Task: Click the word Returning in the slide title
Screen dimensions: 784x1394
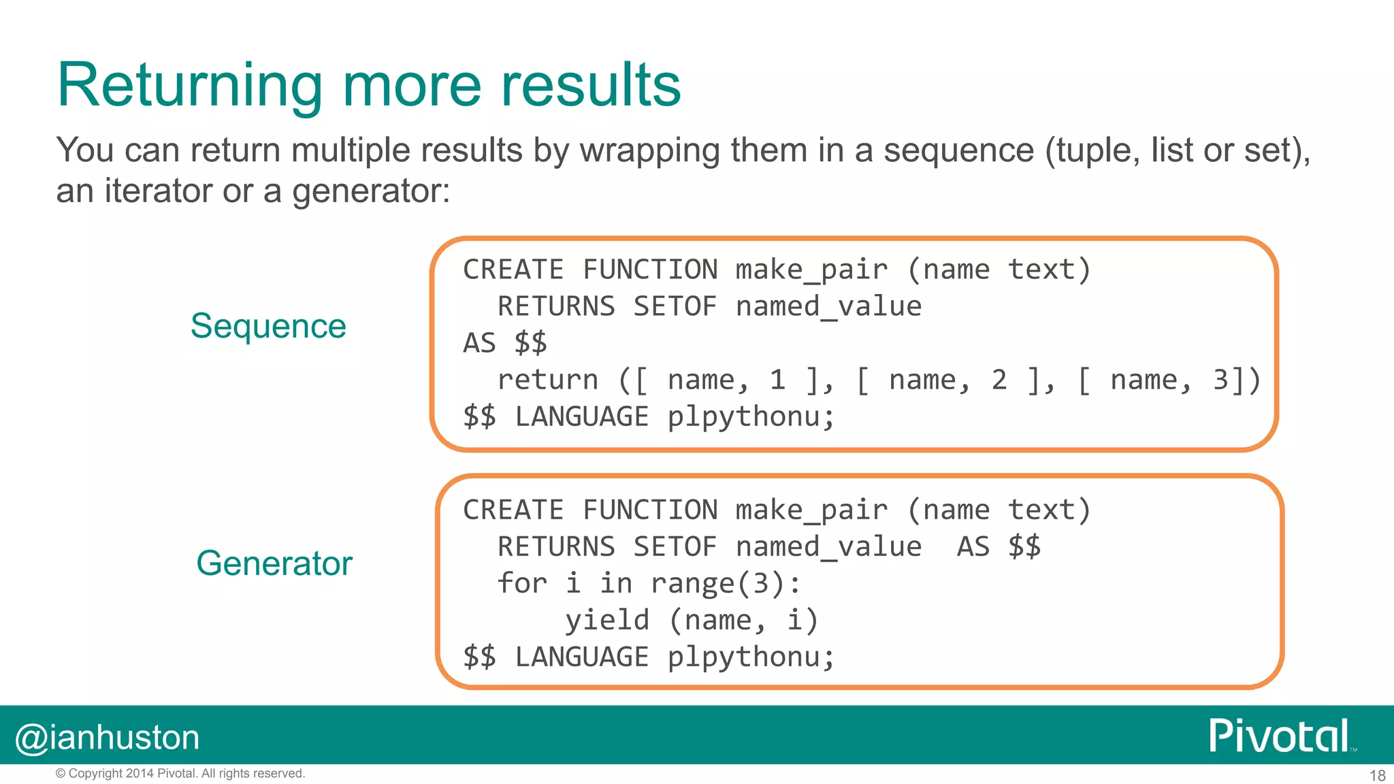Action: click(x=189, y=87)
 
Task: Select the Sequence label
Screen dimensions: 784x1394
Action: click(x=268, y=326)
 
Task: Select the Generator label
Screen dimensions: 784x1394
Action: click(x=274, y=563)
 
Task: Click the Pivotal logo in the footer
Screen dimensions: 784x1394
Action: click(x=1280, y=736)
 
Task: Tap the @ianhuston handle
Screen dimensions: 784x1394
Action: click(x=108, y=738)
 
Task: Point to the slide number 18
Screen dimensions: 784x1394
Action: click(x=1377, y=775)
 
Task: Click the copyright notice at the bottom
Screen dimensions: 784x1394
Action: click(x=180, y=773)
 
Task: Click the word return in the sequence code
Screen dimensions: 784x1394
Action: click(x=548, y=380)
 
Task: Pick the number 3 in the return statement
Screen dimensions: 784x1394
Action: click(x=1220, y=380)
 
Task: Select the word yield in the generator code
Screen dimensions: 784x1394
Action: click(x=607, y=620)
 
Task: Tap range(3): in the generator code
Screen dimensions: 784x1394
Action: click(x=726, y=583)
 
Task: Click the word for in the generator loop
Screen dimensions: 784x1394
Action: click(x=522, y=583)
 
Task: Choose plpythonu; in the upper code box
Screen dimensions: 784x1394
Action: click(x=751, y=416)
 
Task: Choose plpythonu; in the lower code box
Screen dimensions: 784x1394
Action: click(x=751, y=657)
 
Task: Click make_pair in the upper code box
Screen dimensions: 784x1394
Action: click(x=811, y=270)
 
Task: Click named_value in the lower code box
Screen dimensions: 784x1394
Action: click(x=828, y=546)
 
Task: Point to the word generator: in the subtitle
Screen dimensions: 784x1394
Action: click(x=371, y=191)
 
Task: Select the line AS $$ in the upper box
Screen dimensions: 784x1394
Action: click(x=505, y=343)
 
